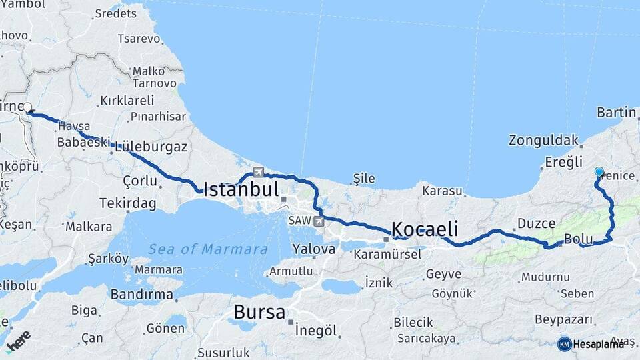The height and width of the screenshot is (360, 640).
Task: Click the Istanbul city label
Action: (x=241, y=189)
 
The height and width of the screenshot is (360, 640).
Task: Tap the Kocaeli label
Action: (x=424, y=229)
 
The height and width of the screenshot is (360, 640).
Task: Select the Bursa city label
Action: (x=259, y=312)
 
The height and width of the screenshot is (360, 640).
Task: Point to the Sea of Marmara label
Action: (x=207, y=249)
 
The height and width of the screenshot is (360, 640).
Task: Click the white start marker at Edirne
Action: (x=28, y=107)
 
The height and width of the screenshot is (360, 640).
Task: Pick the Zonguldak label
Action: (x=543, y=141)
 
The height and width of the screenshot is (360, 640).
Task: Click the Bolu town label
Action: (x=577, y=239)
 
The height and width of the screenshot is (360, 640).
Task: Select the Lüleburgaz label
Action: (x=151, y=147)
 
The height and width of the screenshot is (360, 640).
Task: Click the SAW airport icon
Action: (x=319, y=221)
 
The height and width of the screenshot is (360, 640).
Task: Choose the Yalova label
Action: (x=313, y=249)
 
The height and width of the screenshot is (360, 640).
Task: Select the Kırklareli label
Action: (x=127, y=101)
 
